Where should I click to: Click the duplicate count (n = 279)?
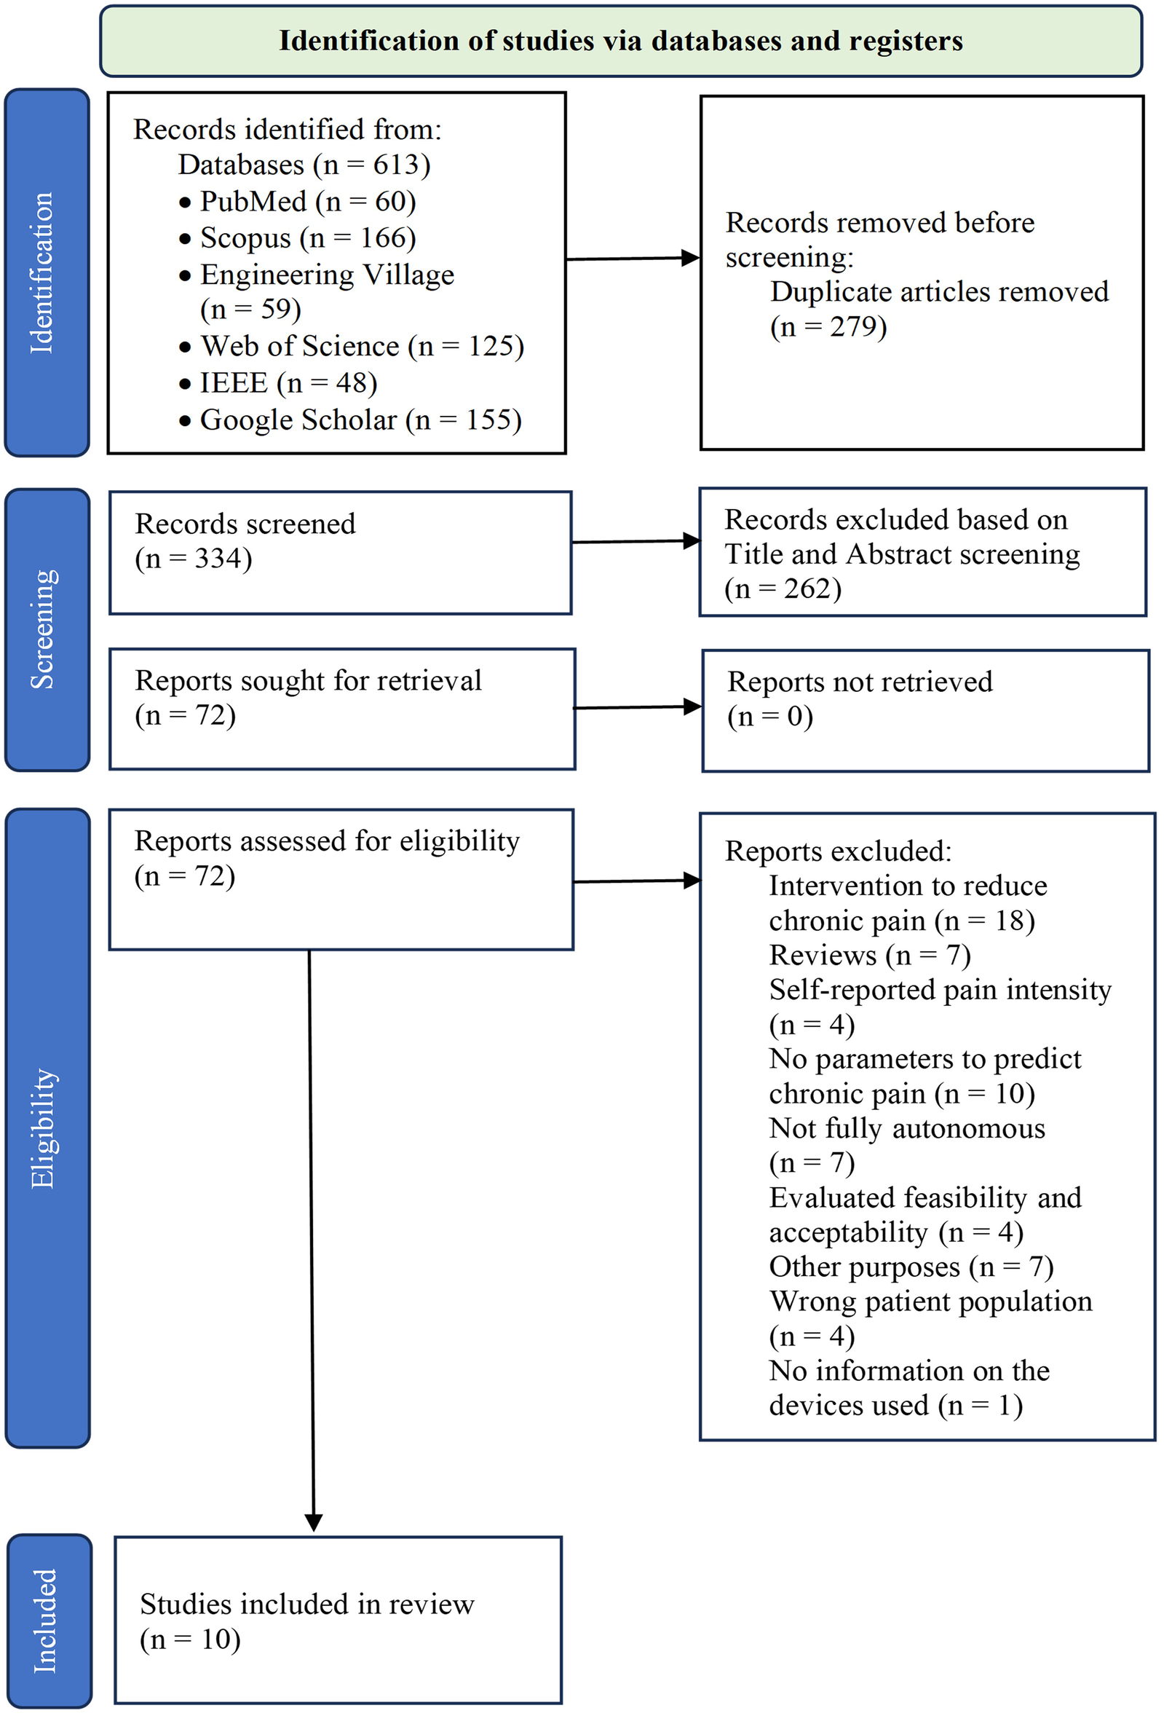(828, 326)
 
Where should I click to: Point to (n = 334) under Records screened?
(194, 558)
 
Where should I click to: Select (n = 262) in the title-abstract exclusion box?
(783, 589)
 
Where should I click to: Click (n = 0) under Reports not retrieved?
(770, 716)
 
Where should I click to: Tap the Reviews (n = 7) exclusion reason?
(869, 956)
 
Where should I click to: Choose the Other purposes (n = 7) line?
(911, 1267)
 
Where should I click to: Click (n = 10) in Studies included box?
(191, 1640)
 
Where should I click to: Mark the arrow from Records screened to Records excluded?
(635, 542)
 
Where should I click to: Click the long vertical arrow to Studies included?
(312, 1240)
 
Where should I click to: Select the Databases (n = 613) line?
(304, 165)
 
